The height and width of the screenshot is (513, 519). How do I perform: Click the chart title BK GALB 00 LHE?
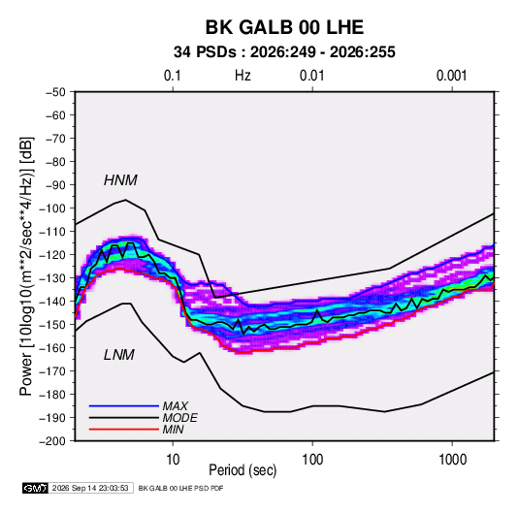[x=284, y=27]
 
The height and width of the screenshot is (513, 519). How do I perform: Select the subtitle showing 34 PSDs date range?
[x=284, y=52]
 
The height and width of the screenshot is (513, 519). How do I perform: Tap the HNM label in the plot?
[x=120, y=180]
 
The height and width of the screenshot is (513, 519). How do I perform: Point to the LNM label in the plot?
[x=119, y=355]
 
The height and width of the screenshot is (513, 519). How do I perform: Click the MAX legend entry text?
[x=175, y=405]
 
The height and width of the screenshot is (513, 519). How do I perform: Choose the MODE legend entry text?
[x=179, y=418]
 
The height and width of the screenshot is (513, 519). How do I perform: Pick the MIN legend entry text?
[x=173, y=430]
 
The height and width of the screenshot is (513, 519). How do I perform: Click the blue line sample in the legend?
[x=124, y=405]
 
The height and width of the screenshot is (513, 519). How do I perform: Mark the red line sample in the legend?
[x=124, y=430]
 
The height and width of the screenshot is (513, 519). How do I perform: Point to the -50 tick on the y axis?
[x=56, y=92]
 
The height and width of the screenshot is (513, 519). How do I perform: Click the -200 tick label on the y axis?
[x=52, y=441]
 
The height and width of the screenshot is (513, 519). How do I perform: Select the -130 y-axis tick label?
[x=52, y=278]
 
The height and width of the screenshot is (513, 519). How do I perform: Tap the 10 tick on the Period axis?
[x=173, y=460]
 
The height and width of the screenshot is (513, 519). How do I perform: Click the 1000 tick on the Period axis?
[x=452, y=460]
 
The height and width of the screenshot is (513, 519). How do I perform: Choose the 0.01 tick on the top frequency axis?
[x=311, y=76]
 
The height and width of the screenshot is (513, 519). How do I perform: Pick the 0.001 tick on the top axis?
[x=451, y=76]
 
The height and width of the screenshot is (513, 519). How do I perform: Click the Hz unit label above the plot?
[x=243, y=76]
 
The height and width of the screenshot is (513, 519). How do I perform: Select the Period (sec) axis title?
[x=243, y=470]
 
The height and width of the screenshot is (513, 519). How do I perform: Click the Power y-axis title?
[x=26, y=266]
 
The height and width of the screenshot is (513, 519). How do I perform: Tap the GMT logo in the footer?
[x=36, y=488]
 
